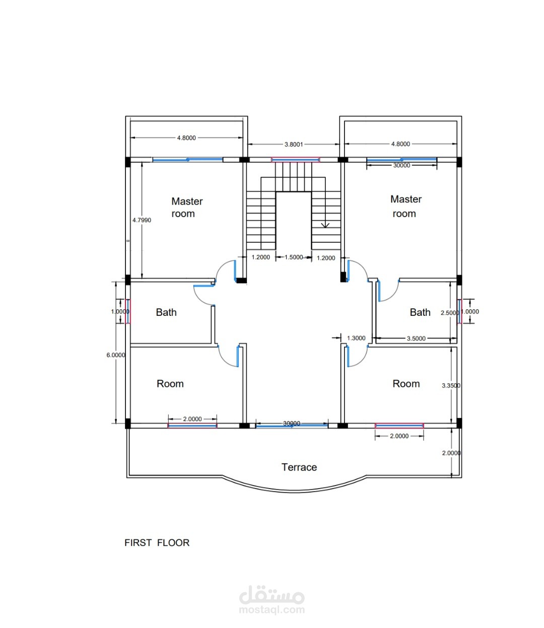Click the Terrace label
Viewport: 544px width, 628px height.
click(x=299, y=467)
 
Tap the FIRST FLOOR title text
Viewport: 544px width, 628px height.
click(x=157, y=542)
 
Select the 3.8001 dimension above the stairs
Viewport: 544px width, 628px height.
click(x=294, y=145)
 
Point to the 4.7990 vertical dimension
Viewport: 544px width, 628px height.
click(x=142, y=220)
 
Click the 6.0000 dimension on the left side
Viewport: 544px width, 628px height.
click(x=115, y=355)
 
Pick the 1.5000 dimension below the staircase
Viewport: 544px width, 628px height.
click(x=294, y=257)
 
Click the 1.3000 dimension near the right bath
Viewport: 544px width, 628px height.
click(x=356, y=338)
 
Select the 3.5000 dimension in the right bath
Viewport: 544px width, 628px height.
click(x=416, y=338)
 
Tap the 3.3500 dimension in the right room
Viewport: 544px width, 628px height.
click(x=451, y=386)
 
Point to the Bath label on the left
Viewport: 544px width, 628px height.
click(x=166, y=312)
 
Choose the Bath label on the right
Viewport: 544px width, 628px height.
click(x=420, y=312)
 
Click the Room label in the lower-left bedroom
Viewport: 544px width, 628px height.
click(x=170, y=384)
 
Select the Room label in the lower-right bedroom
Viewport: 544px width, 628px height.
click(x=406, y=384)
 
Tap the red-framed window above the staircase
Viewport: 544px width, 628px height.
click(x=295, y=160)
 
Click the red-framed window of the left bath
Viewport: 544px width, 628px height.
click(x=127, y=311)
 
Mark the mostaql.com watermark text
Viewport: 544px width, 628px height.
click(x=272, y=610)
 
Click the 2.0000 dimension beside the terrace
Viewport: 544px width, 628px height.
click(x=451, y=453)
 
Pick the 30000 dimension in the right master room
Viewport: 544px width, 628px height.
click(x=402, y=165)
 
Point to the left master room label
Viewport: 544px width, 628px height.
click(x=187, y=207)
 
